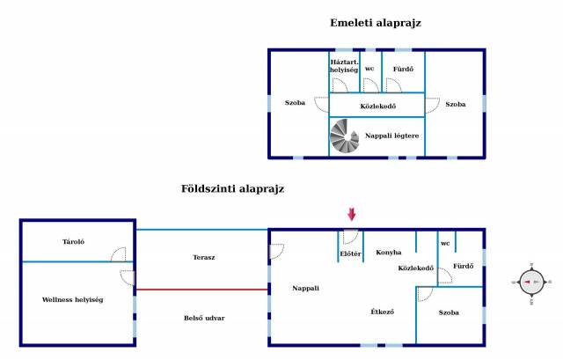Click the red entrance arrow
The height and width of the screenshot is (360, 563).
(352, 214)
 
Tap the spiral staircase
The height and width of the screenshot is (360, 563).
(344, 136)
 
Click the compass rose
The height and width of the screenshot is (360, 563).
(531, 283)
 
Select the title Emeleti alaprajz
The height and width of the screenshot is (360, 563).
(376, 23)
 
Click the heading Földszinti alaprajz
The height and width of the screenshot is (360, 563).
(232, 189)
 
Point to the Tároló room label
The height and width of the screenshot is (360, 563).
(73, 242)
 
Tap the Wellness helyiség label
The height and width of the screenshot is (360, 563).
(72, 299)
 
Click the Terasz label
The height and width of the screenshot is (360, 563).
(203, 257)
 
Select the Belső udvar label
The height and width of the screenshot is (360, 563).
(204, 318)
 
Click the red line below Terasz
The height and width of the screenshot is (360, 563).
(202, 290)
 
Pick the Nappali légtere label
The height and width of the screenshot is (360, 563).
(391, 136)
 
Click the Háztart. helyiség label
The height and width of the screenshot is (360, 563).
(344, 66)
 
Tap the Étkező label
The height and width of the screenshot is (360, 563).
(382, 312)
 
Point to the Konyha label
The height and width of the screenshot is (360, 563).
(388, 253)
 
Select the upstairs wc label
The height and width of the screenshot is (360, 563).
(369, 69)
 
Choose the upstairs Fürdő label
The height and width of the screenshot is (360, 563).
(403, 69)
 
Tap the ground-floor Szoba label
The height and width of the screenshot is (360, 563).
(449, 312)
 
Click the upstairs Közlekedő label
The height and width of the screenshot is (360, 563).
(377, 107)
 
